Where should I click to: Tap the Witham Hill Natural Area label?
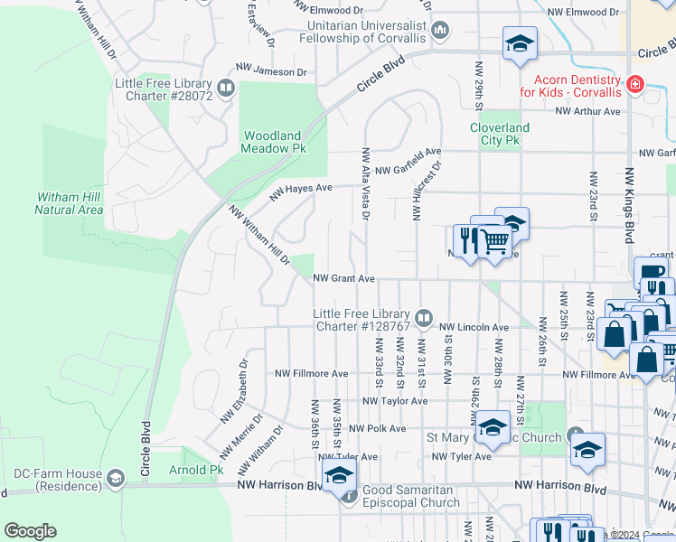pyautogui.click(x=70, y=203)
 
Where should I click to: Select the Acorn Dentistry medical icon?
pyautogui.click(x=634, y=85)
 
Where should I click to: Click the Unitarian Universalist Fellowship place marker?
pyautogui.click(x=440, y=32)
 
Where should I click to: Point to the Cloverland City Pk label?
pyautogui.click(x=499, y=135)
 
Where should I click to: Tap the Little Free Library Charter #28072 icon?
pyautogui.click(x=225, y=89)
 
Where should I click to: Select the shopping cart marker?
pyautogui.click(x=493, y=240)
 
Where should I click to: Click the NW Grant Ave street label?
pyautogui.click(x=343, y=279)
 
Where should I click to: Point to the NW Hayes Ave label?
pyautogui.click(x=302, y=189)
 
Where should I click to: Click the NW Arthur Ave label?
pyautogui.click(x=587, y=111)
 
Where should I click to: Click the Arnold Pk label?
pyautogui.click(x=195, y=471)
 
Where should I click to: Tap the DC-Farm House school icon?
pyautogui.click(x=115, y=477)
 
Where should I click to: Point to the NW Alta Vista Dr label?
pyautogui.click(x=365, y=183)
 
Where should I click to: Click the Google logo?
pyautogui.click(x=30, y=531)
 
